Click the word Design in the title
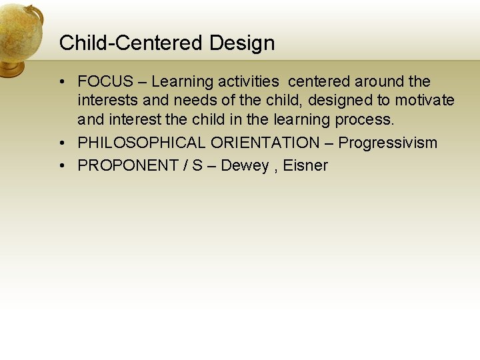click(x=242, y=43)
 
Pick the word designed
click(x=339, y=101)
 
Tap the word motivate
click(x=425, y=101)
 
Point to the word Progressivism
click(x=388, y=143)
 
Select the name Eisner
click(x=305, y=165)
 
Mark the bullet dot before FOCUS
click(x=61, y=82)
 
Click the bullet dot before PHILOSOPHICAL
click(x=61, y=143)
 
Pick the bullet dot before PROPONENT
click(x=61, y=165)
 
